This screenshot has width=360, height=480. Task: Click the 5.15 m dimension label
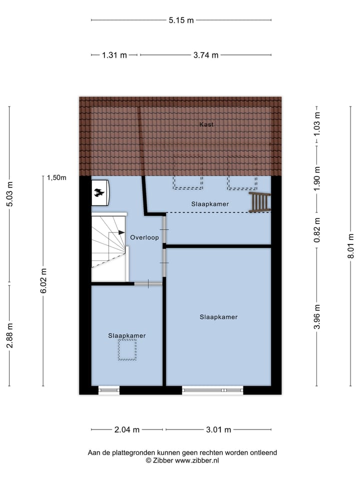tap(181, 20)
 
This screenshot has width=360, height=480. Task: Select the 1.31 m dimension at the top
tap(114, 55)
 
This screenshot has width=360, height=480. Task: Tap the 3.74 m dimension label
tap(205, 55)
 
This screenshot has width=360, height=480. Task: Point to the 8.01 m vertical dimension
tap(351, 245)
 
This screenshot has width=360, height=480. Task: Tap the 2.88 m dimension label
tap(10, 335)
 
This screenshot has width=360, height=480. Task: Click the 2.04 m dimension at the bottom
tap(127, 429)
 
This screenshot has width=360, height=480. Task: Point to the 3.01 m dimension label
tap(218, 429)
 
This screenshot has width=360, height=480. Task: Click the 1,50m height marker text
tap(56, 177)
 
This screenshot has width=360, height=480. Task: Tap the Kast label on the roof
tap(206, 124)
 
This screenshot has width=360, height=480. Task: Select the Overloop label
tap(144, 237)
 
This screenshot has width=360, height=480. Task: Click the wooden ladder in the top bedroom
tap(260, 202)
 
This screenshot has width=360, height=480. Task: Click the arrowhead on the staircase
tap(121, 232)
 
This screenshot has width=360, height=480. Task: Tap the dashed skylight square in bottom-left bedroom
tap(127, 349)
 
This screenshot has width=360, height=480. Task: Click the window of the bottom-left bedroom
tap(109, 390)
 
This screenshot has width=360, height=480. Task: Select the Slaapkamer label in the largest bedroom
tap(218, 317)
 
